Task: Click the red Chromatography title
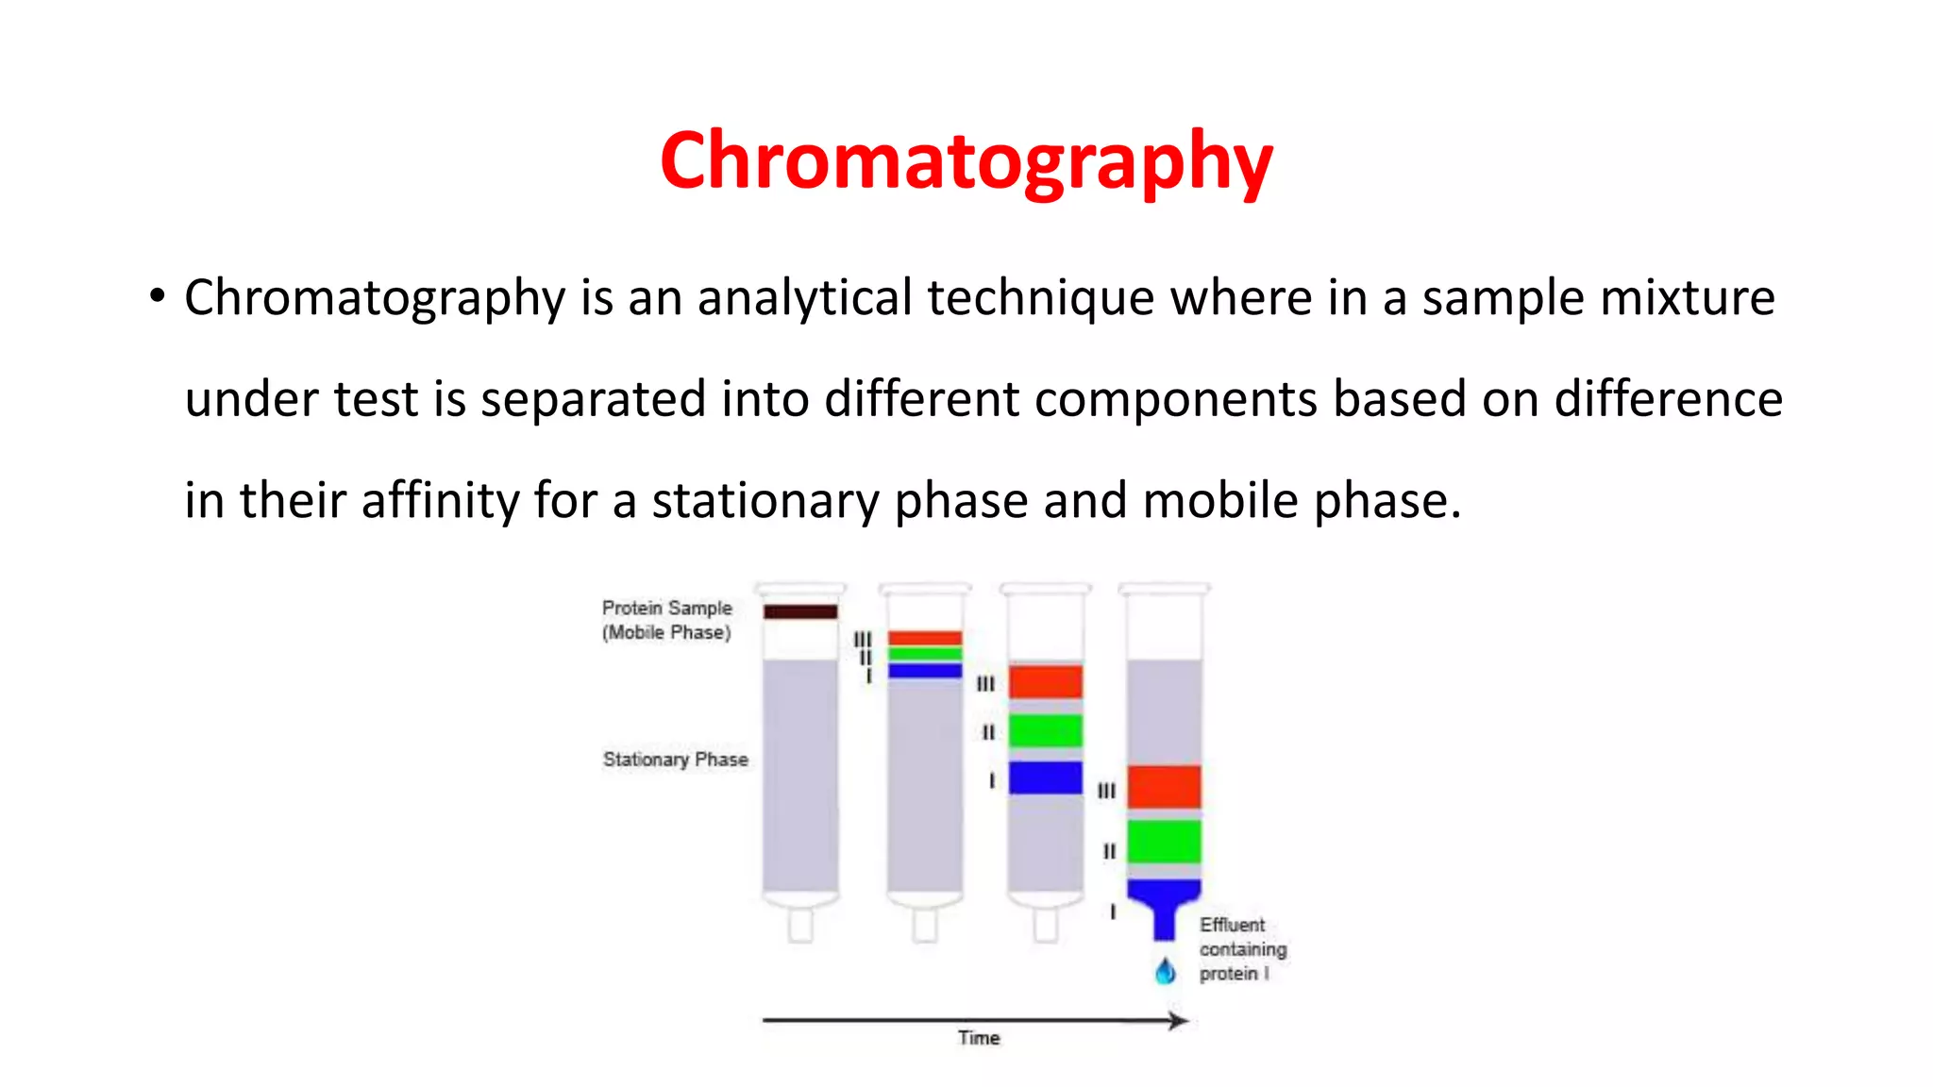(966, 160)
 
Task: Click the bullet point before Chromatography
(157, 296)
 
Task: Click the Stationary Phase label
(675, 760)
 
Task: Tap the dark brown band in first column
(800, 611)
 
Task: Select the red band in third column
(1045, 681)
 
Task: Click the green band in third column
(1045, 730)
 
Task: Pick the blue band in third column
(1045, 778)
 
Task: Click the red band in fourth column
(1164, 786)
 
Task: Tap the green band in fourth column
(1164, 841)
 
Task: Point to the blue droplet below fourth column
(1166, 971)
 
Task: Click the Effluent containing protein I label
(1241, 949)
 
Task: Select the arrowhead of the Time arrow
(1178, 1020)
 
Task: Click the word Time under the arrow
(979, 1038)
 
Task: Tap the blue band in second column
(924, 670)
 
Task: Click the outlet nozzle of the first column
(800, 926)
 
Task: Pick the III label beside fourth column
(1106, 791)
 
